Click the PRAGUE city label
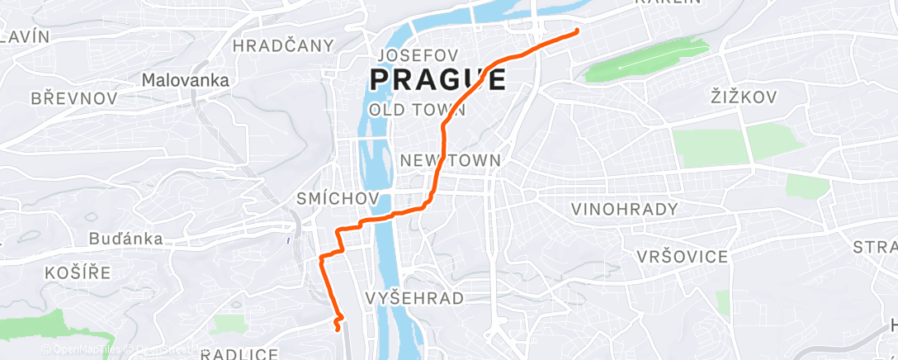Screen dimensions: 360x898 (x=437, y=80)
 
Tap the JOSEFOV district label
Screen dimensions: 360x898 (x=417, y=55)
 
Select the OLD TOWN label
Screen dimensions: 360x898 (x=417, y=109)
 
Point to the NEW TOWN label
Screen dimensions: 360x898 (x=450, y=160)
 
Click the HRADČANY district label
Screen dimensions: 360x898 (x=284, y=45)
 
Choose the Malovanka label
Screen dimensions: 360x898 (x=185, y=81)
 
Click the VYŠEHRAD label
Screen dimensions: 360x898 (x=414, y=298)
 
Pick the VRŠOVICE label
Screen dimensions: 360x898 (x=683, y=257)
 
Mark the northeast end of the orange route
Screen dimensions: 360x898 (x=576, y=31)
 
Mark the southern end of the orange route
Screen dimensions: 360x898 (x=338, y=329)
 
